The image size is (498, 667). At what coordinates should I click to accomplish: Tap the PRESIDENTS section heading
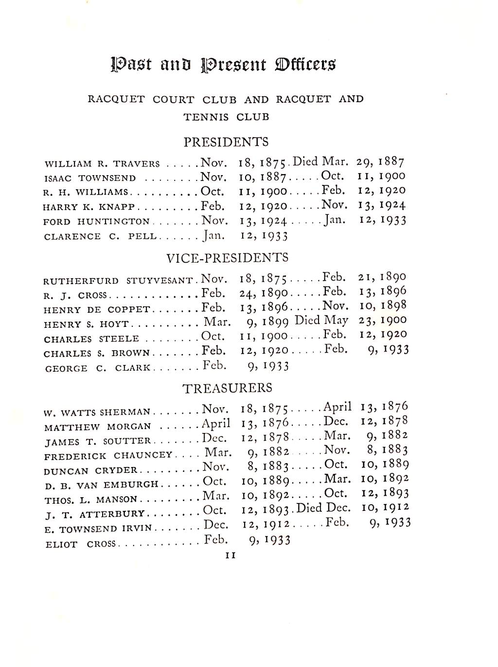tap(226, 142)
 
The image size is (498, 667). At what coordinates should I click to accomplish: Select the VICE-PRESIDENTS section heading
tap(227, 257)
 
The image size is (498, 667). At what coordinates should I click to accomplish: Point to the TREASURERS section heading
tap(227, 388)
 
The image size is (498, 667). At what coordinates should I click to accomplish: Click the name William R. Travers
tap(102, 164)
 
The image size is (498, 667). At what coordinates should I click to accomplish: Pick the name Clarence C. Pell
tap(100, 237)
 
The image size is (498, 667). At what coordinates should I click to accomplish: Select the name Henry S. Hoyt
tap(86, 324)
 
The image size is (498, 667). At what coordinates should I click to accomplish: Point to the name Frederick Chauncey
tap(108, 456)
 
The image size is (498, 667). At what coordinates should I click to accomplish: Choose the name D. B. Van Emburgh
tap(101, 485)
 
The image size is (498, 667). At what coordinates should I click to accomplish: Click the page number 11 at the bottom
tap(231, 555)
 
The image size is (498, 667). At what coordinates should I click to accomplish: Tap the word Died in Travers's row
tap(305, 162)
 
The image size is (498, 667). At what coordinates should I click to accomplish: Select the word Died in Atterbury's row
tap(309, 508)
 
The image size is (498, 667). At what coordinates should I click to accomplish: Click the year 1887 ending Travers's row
tap(391, 162)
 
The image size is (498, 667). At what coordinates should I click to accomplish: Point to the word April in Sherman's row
tap(338, 407)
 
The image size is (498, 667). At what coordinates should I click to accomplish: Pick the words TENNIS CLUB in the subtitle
tap(226, 117)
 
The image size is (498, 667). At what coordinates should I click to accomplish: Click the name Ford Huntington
tap(96, 222)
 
